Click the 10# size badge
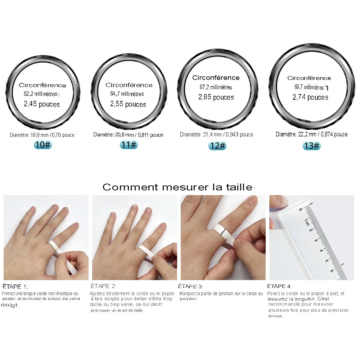pyautogui.click(x=43, y=145)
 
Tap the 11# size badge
pyautogui.click(x=129, y=145)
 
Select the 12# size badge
pyautogui.click(x=217, y=145)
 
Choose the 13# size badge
pyautogui.click(x=311, y=145)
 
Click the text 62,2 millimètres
pyautogui.click(x=41, y=94)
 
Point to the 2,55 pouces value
pyautogui.click(x=128, y=104)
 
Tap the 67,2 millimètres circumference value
pyautogui.click(x=216, y=87)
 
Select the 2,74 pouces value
pyautogui.click(x=310, y=97)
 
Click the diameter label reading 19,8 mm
pyautogui.click(x=42, y=135)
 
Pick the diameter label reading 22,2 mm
pyautogui.click(x=311, y=134)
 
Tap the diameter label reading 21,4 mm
pyautogui.click(x=216, y=135)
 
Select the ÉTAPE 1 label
pyautogui.click(x=15, y=287)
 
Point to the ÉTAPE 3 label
pyautogui.click(x=190, y=286)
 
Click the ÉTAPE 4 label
pyautogui.click(x=279, y=286)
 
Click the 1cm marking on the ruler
pyautogui.click(x=306, y=222)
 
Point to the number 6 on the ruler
pyautogui.click(x=332, y=271)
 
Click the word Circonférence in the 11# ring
pyautogui.click(x=129, y=85)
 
